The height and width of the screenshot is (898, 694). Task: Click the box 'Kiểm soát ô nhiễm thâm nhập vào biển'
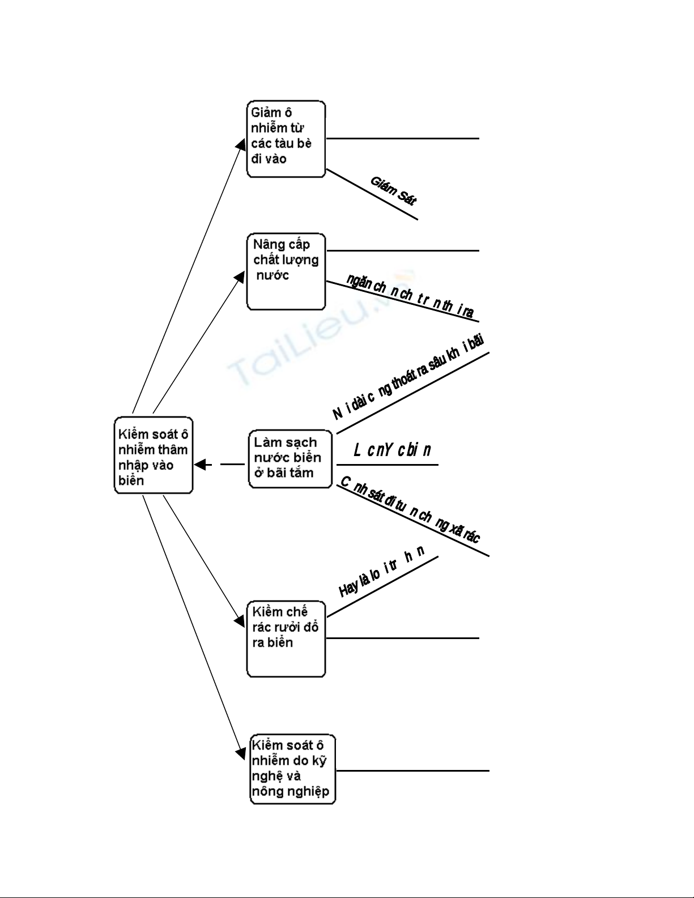coord(154,456)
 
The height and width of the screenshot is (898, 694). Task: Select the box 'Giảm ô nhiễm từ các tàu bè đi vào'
coord(286,139)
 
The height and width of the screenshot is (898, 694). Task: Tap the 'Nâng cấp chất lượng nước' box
coord(286,271)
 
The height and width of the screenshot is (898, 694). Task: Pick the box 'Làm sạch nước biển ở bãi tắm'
coord(290,459)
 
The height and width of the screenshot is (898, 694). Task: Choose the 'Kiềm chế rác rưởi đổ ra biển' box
coord(286,639)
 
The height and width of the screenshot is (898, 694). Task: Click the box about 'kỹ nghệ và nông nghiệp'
coord(293,769)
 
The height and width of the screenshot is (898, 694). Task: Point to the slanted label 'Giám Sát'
coord(393,190)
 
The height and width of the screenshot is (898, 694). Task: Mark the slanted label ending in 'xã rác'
coord(410,510)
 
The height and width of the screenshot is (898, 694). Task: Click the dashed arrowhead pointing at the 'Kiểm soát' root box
coord(199,465)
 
